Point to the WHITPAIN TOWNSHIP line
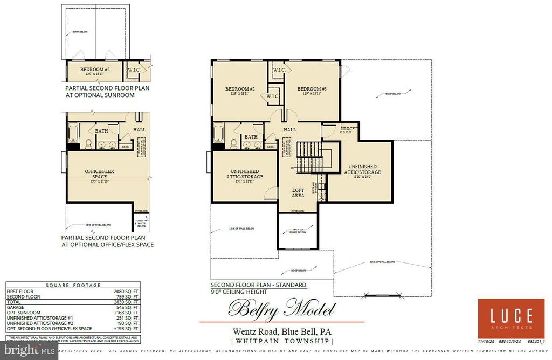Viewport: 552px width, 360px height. pyautogui.click(x=282, y=341)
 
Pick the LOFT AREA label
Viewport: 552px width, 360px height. pyautogui.click(x=298, y=193)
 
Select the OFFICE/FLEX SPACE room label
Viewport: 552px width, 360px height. pyautogui.click(x=99, y=174)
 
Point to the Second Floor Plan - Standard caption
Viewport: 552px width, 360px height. pyautogui.click(x=258, y=285)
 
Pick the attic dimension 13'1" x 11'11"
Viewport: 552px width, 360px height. pyautogui.click(x=244, y=181)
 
